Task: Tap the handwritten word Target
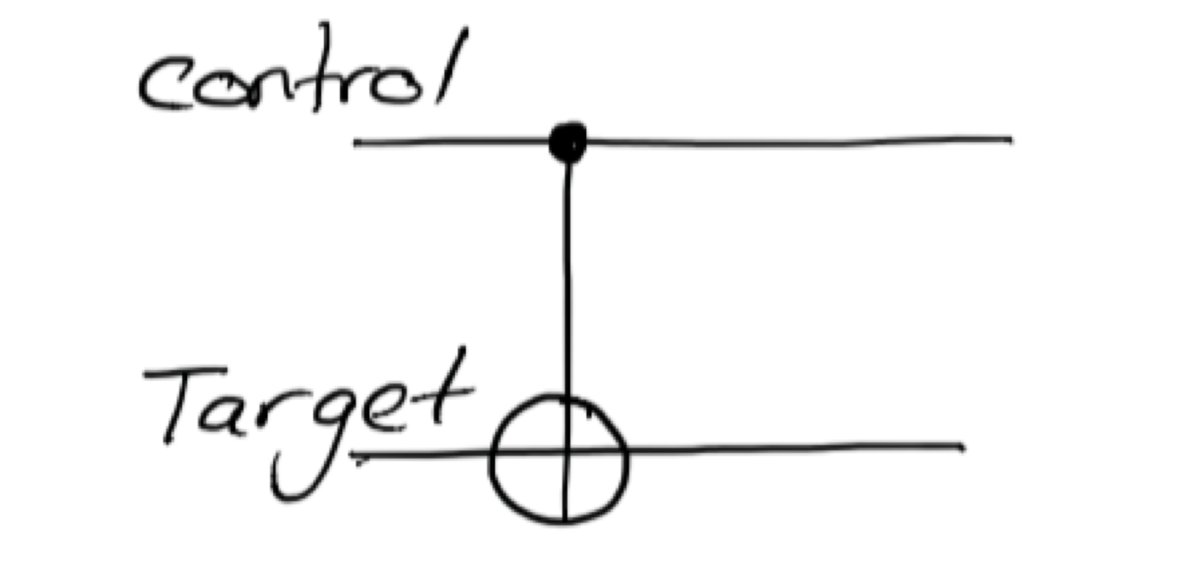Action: tap(309, 413)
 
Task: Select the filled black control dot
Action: tap(568, 141)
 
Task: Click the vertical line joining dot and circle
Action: tap(567, 280)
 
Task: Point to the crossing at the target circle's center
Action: tap(565, 451)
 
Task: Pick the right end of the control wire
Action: tap(1010, 139)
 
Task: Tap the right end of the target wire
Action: tap(962, 446)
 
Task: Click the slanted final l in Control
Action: tap(451, 66)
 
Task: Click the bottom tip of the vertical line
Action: tap(565, 522)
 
